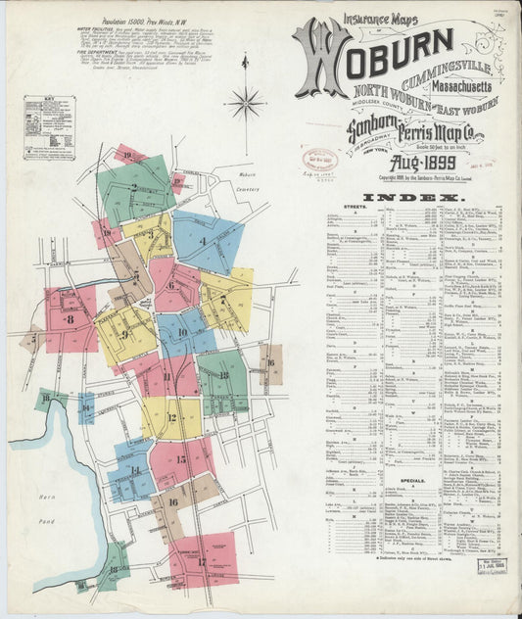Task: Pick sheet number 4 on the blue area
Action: coord(203,241)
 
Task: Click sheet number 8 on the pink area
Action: coord(70,319)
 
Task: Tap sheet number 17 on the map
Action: coord(202,562)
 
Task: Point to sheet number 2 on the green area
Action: coord(133,187)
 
